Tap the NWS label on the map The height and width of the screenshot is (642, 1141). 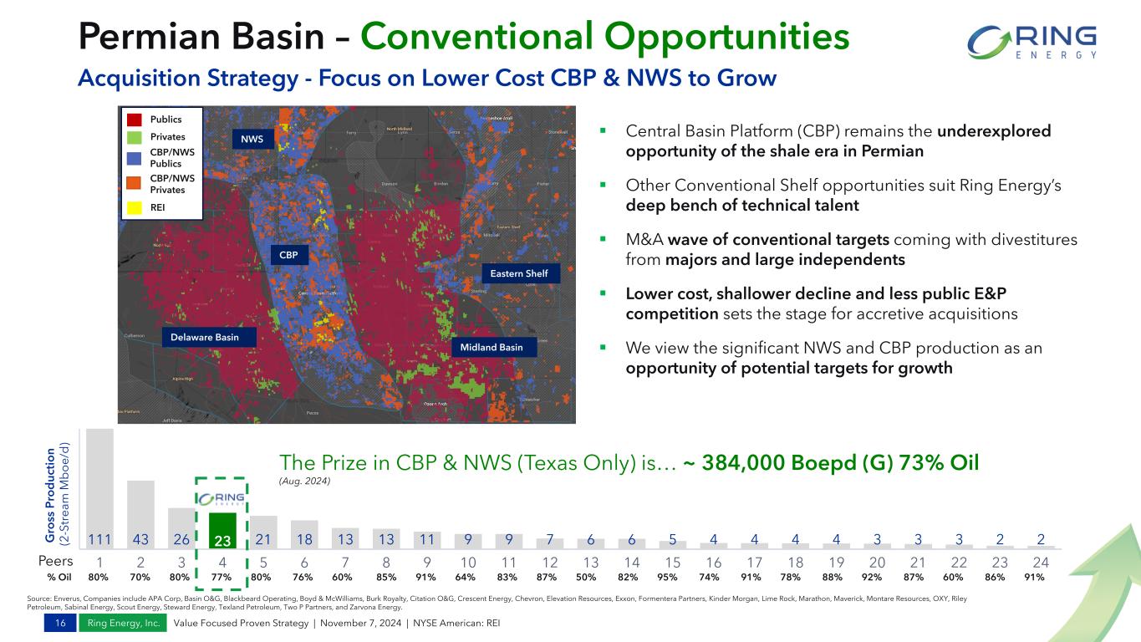coord(253,139)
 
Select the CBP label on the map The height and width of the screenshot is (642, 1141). coord(288,254)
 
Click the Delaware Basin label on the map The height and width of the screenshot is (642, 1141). coord(205,338)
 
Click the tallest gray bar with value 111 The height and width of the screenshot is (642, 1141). coord(99,488)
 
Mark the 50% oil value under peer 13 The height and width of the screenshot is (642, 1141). coord(591,577)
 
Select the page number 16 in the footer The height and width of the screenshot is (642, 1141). coord(59,624)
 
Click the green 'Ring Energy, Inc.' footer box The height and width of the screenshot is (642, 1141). coord(123,624)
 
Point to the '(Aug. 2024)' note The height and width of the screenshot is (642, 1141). coord(305,481)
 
